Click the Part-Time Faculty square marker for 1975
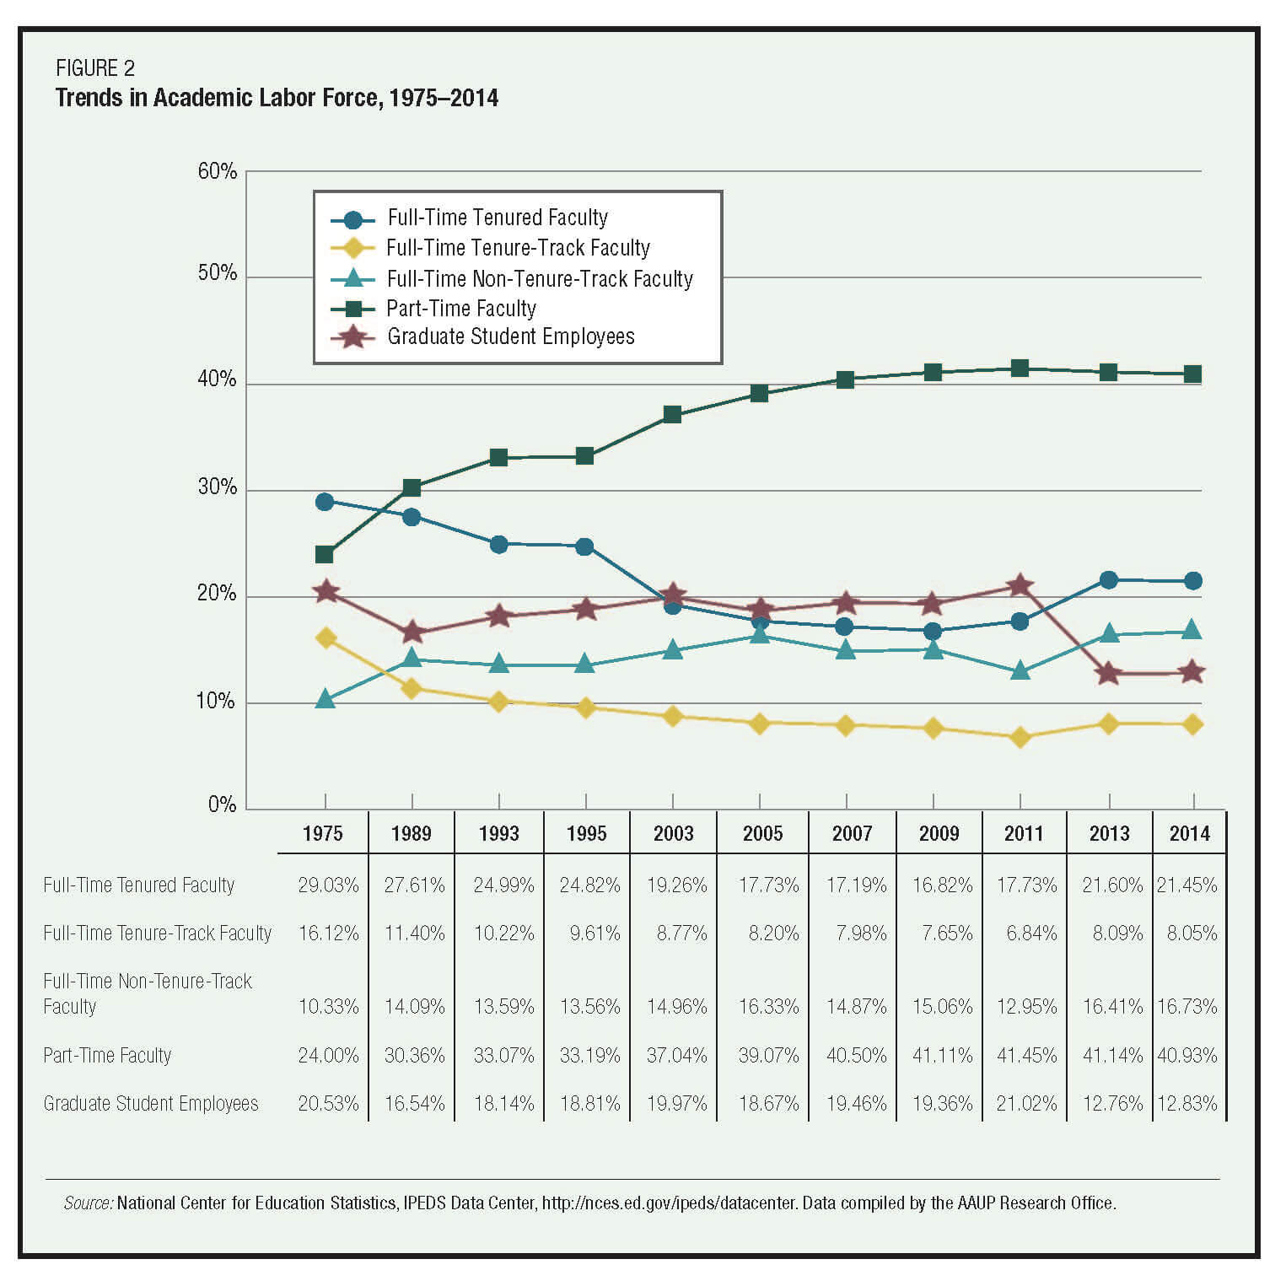325,554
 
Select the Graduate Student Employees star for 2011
1020,585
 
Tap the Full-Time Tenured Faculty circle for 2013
1108,580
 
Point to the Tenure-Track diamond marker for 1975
326,638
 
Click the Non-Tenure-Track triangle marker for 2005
760,634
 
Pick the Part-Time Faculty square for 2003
672,414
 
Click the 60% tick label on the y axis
217,171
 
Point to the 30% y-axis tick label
217,487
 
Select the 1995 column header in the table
586,834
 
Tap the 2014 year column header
1189,834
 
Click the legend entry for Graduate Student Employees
510,336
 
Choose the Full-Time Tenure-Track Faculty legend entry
518,248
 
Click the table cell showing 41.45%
1026,1055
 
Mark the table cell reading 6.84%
1031,934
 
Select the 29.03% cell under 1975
328,885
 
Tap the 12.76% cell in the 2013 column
1112,1103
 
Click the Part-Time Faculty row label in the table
107,1055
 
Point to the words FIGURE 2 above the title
94,68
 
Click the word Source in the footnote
89,1203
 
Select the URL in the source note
669,1203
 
